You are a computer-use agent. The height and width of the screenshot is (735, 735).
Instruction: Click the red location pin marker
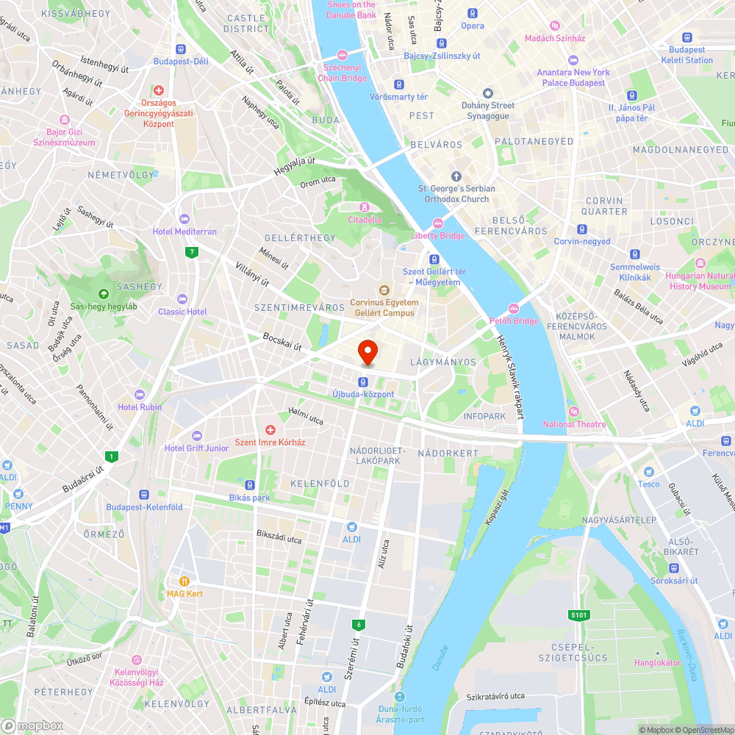click(367, 351)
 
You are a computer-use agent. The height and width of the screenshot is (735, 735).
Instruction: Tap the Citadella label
click(365, 219)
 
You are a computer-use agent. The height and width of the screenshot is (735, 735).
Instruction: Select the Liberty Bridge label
click(437, 235)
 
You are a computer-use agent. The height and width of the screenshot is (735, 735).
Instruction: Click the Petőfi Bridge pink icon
click(514, 309)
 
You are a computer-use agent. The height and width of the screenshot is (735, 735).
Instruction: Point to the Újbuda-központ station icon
click(363, 381)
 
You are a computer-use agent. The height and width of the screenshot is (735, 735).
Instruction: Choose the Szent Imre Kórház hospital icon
click(270, 430)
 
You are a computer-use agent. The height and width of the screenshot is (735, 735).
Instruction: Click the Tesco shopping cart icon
click(648, 472)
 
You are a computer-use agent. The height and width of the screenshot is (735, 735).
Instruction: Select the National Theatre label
click(574, 424)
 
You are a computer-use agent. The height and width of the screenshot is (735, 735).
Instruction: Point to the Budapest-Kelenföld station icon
click(144, 495)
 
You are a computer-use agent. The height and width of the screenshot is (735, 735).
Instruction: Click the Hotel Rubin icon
click(140, 395)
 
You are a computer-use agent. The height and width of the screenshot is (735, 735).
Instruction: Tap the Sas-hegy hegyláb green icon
click(103, 294)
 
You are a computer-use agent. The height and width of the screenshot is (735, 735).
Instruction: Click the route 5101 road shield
click(578, 614)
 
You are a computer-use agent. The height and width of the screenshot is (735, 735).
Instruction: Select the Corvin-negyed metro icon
click(582, 229)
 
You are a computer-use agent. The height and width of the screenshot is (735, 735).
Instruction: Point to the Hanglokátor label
click(657, 662)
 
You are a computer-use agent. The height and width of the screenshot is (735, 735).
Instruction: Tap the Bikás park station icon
click(250, 485)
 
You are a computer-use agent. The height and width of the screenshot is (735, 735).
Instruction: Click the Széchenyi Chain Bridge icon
click(342, 55)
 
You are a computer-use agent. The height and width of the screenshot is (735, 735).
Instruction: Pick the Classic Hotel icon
click(182, 299)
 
